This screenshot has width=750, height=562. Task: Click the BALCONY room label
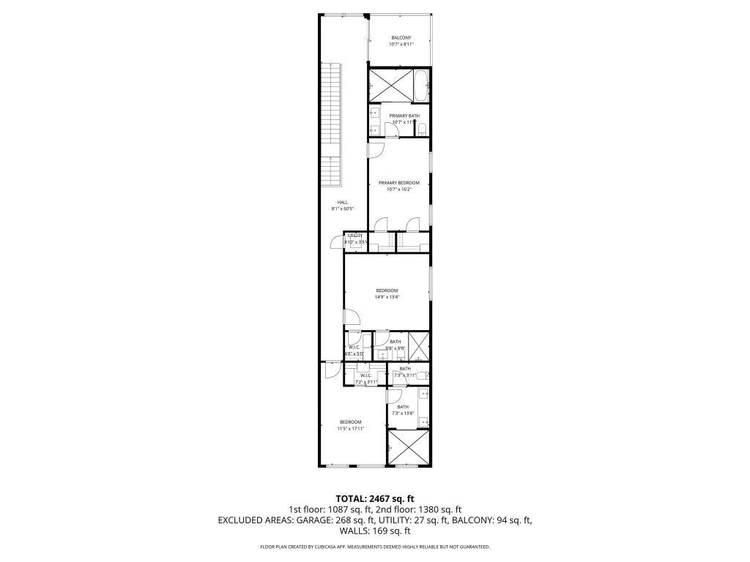(400, 38)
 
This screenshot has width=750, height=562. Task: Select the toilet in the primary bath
(423, 130)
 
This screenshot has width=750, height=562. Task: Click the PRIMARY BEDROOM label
(399, 182)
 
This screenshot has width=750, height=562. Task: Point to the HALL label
(342, 202)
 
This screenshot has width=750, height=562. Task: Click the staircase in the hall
(332, 124)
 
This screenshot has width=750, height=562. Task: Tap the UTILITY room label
(355, 236)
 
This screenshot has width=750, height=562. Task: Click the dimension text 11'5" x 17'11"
(350, 429)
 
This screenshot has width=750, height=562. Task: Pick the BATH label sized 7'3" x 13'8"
(403, 407)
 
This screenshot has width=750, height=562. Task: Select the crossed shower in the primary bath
(389, 86)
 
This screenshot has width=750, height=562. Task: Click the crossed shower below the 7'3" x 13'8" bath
(407, 447)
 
